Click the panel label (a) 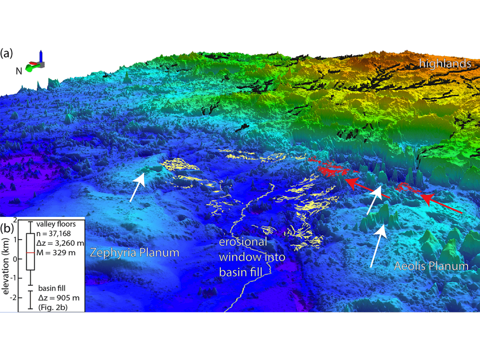[8, 53]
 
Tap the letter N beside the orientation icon [19, 71]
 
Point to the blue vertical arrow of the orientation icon [42, 56]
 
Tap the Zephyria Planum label [134, 252]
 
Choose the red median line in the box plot [30, 252]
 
